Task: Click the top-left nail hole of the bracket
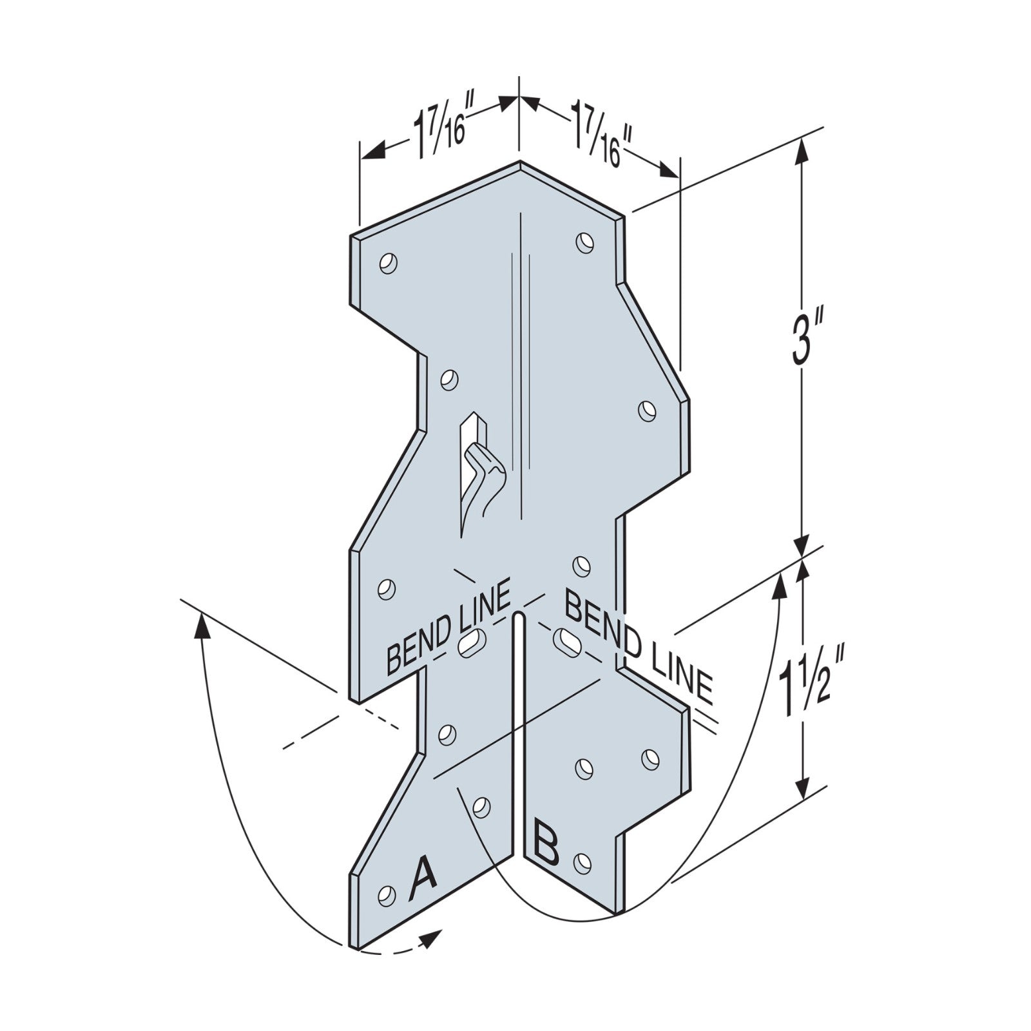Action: pos(388,264)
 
